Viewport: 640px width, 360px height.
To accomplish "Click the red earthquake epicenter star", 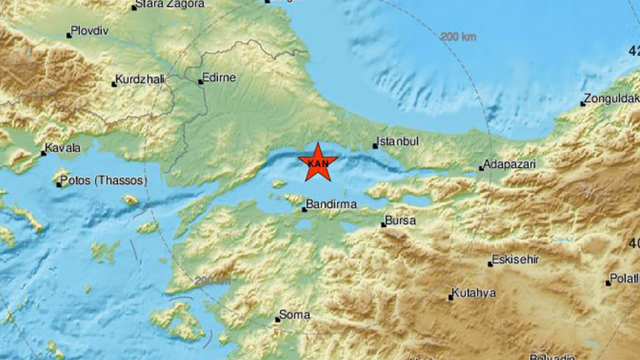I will [317, 161].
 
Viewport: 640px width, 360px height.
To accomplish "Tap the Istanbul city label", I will [396, 141].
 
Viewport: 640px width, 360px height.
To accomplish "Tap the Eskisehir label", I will [515, 259].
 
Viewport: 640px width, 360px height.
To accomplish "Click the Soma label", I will [297, 314].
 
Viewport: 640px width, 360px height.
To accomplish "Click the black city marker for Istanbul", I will [376, 146].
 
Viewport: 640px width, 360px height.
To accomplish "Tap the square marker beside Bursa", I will [383, 224].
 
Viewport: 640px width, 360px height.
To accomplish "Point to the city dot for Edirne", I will [200, 81].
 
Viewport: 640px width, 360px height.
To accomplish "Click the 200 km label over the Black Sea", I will [459, 37].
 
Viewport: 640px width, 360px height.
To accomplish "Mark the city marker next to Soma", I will [278, 319].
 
